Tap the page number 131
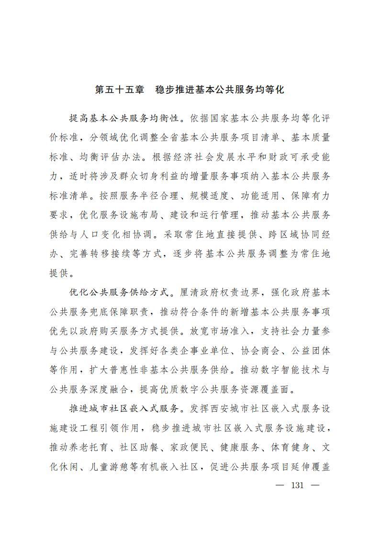pos(297,485)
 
